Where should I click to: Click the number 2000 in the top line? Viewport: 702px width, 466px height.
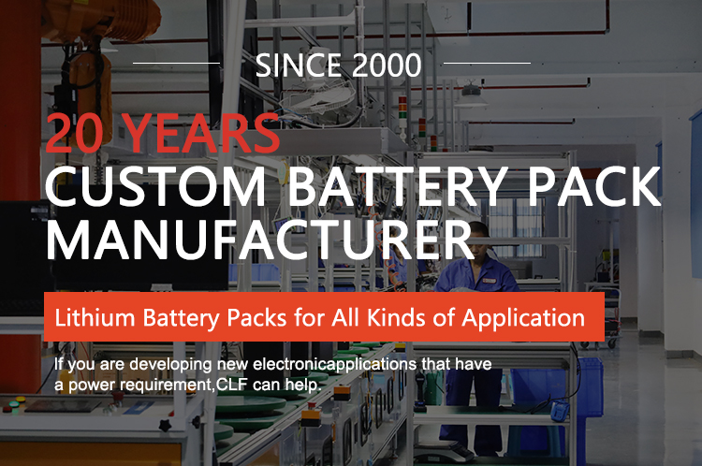coord(387,66)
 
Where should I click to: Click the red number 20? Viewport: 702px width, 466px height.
coord(74,133)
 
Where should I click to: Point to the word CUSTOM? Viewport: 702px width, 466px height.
coord(155,186)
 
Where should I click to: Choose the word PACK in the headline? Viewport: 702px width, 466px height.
coord(594,186)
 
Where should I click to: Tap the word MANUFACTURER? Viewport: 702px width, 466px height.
coord(260,240)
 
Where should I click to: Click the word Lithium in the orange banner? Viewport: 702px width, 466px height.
coord(95,317)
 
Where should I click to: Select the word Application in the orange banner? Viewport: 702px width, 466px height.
coord(523,318)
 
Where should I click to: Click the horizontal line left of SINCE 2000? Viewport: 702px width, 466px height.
coord(176,63)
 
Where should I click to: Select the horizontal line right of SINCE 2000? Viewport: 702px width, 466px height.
coord(487,63)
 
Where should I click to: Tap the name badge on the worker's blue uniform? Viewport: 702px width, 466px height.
coord(489,280)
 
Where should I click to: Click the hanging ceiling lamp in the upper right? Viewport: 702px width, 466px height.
coord(471,95)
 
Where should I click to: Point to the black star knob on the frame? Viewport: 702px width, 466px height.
coord(166,424)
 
